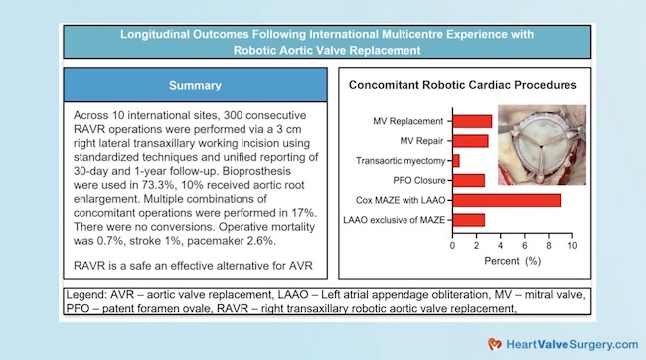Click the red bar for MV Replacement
click(x=472, y=122)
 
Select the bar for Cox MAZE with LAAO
click(x=506, y=200)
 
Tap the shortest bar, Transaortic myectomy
click(x=456, y=160)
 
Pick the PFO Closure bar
click(x=469, y=180)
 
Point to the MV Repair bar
click(x=470, y=141)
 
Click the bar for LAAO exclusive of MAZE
click(x=469, y=219)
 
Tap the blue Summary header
click(x=195, y=85)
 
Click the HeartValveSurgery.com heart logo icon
click(x=493, y=343)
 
